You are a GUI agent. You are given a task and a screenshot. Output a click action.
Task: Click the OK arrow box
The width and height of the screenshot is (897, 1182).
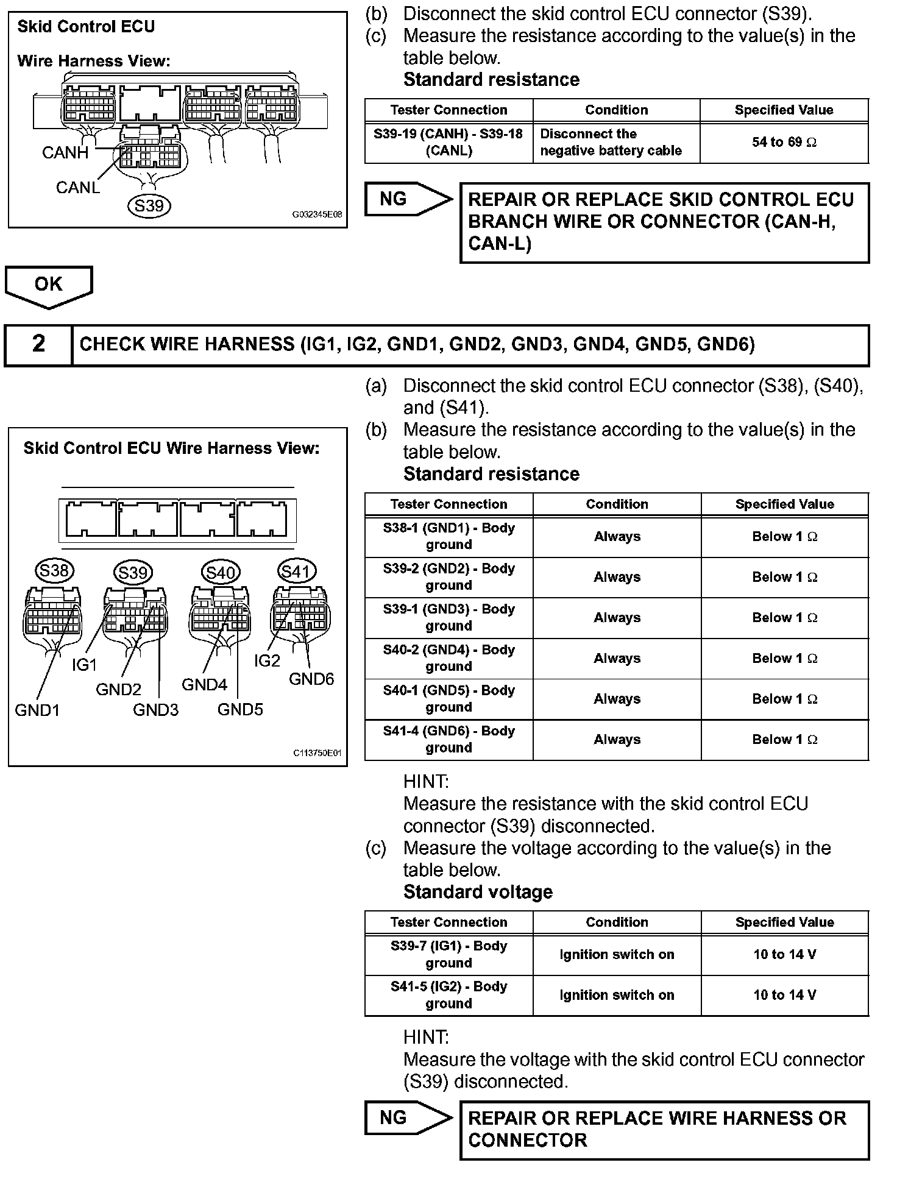[49, 285]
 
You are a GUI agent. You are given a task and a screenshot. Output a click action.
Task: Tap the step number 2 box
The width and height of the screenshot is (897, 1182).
[38, 344]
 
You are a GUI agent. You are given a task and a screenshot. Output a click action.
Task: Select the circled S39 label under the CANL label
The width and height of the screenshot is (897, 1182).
[149, 206]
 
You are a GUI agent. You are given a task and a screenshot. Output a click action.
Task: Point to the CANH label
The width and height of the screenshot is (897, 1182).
[65, 152]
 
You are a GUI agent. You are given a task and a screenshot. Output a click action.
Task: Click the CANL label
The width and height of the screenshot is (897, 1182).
[77, 187]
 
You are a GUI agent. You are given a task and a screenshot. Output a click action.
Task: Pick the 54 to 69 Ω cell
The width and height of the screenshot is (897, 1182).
[784, 143]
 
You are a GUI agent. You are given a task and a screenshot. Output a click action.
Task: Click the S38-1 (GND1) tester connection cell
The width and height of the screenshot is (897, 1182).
[448, 536]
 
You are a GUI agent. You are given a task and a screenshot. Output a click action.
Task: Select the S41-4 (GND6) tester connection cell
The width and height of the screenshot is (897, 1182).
[448, 739]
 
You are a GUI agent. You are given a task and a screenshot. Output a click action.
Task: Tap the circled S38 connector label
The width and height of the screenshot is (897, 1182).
[54, 571]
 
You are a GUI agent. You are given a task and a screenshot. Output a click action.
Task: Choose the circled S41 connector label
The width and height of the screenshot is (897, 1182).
[297, 572]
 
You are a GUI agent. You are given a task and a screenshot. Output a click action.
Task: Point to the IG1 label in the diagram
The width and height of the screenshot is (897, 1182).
[84, 665]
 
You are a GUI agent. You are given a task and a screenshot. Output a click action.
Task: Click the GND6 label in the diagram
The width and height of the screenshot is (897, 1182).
[311, 679]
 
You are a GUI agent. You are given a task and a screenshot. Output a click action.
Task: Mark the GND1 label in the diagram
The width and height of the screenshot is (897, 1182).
[37, 710]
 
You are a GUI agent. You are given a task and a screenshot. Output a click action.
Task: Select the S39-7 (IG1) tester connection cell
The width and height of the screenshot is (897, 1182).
[448, 954]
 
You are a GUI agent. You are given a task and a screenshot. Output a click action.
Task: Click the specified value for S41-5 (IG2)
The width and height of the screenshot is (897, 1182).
[784, 995]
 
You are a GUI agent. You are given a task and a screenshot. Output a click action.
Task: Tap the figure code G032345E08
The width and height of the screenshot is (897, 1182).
[317, 215]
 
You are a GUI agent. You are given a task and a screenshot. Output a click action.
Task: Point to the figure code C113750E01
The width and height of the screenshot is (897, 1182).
[317, 753]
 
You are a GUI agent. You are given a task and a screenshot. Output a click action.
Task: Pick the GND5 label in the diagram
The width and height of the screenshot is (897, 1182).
[240, 709]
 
